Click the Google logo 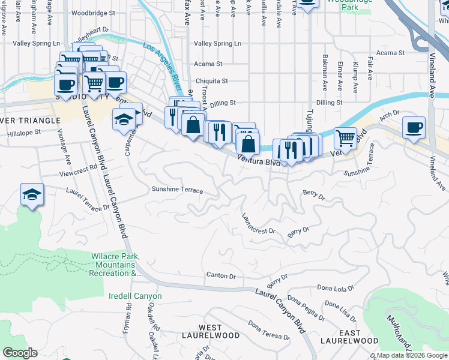tap(19, 353)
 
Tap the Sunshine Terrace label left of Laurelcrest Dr tap(177, 191)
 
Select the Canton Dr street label tap(221, 275)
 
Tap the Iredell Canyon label tap(136, 296)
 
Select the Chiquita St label tap(212, 81)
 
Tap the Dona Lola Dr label tap(336, 289)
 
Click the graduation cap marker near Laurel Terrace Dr tap(32, 194)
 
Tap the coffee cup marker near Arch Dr tap(414, 128)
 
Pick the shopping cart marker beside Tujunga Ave tap(345, 138)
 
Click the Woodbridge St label tap(92, 13)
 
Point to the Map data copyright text tap(412, 355)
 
